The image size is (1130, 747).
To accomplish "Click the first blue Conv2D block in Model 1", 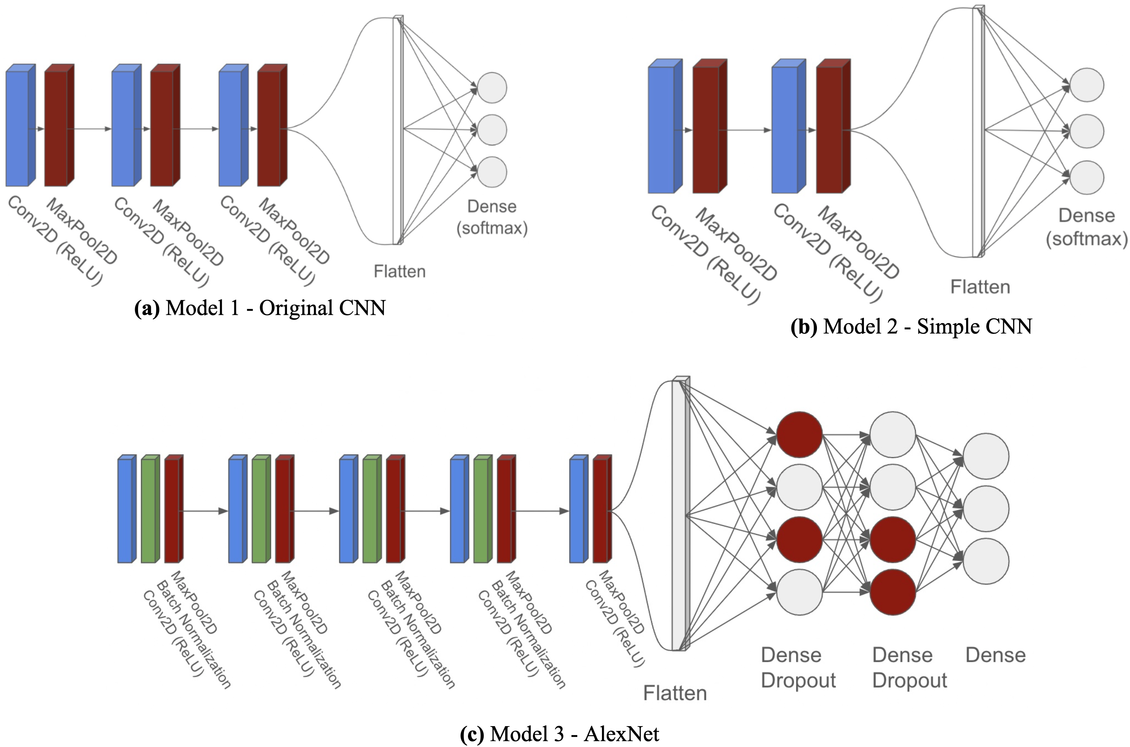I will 18,128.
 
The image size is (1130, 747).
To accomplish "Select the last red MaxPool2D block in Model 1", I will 269,128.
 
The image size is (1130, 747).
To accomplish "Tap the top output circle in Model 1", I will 492,88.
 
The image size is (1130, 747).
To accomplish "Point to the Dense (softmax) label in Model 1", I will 492,217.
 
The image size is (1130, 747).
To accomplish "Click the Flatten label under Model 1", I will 399,272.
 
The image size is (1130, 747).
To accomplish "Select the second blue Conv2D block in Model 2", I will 784,130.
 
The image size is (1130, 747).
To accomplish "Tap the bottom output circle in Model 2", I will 1087,177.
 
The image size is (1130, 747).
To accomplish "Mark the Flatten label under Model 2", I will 980,287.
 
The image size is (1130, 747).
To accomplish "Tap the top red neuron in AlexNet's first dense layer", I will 799,434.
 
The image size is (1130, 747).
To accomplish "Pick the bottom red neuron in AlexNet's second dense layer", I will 893,592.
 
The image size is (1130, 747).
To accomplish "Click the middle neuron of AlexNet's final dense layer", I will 986,509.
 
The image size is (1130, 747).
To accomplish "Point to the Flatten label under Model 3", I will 675,693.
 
